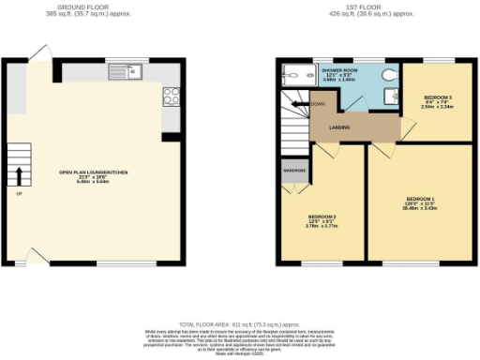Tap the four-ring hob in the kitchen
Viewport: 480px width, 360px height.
tap(172, 95)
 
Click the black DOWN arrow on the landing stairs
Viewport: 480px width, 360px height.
tap(298, 104)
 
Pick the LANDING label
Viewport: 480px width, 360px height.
tap(340, 127)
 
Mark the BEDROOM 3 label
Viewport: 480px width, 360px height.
tap(437, 98)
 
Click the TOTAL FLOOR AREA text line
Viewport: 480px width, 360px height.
tap(239, 320)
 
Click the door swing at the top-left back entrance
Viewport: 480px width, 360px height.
tap(38, 55)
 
